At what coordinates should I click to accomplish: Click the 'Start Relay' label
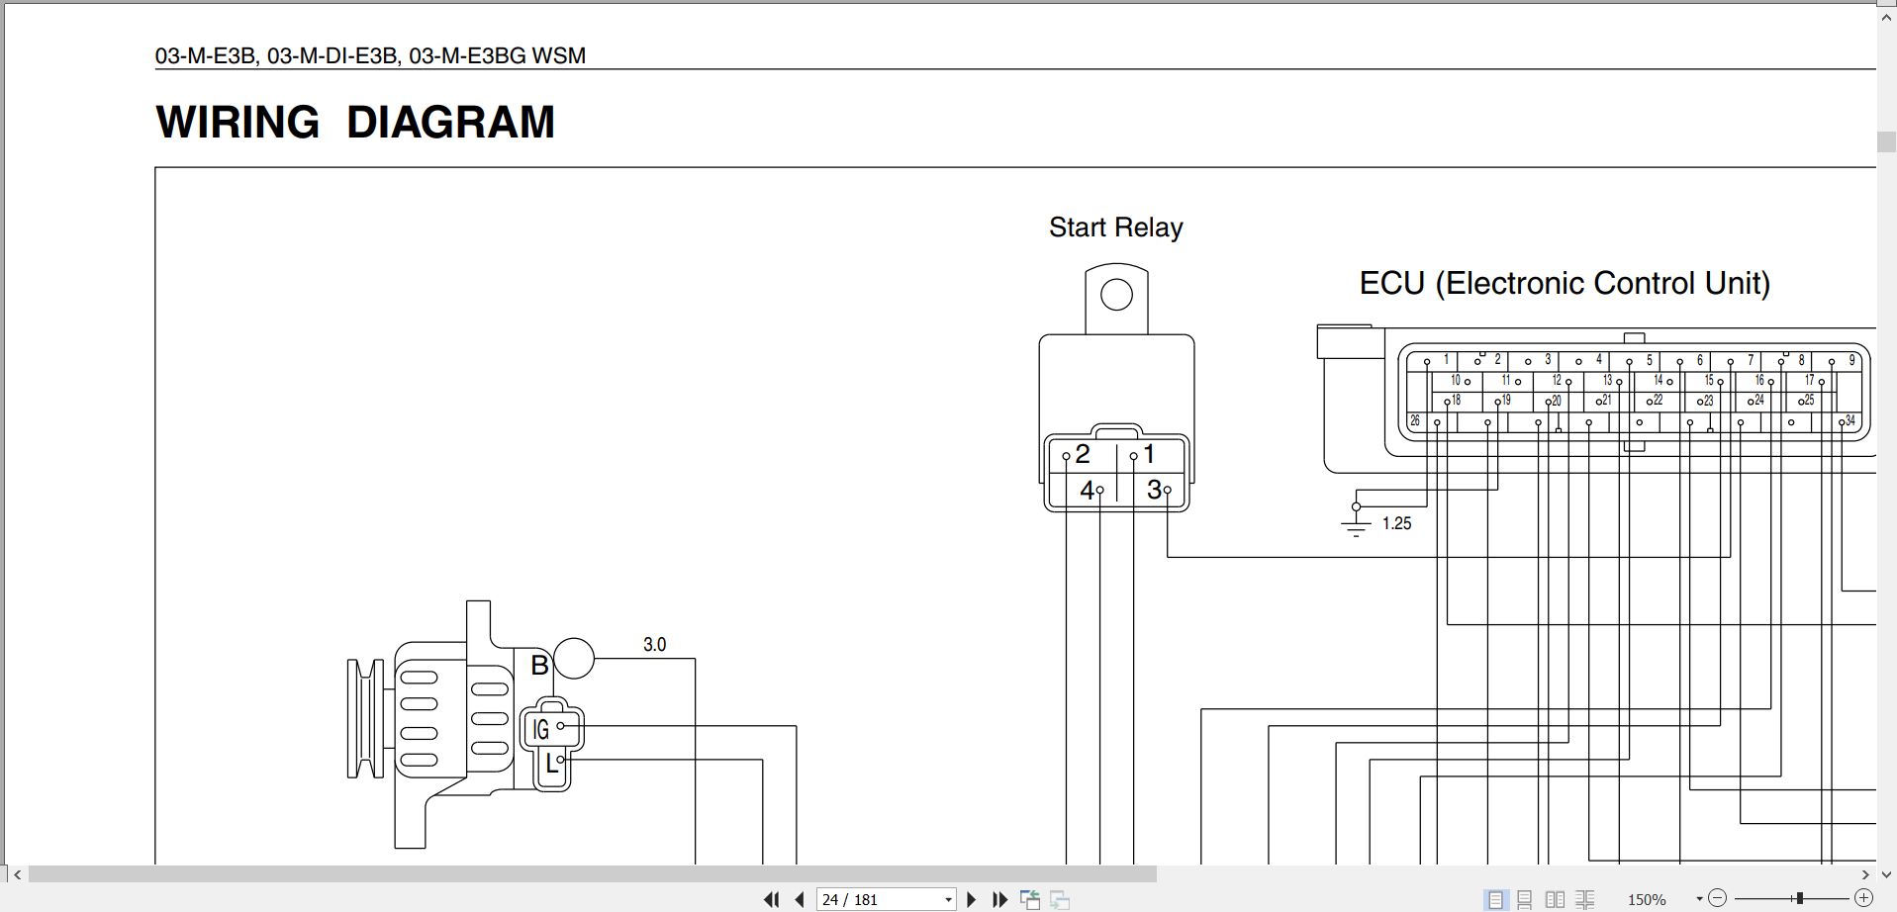click(x=1115, y=228)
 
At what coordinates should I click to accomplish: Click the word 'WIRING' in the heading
click(x=237, y=123)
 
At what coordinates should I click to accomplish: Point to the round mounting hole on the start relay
click(x=1116, y=295)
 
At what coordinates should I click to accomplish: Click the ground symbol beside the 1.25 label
click(x=1356, y=524)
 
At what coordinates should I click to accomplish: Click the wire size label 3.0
click(x=654, y=645)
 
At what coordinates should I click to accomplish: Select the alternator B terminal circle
click(x=574, y=659)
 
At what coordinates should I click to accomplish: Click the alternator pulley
click(x=365, y=718)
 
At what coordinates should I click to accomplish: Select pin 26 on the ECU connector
click(x=1415, y=421)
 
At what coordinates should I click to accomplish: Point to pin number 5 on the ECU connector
click(x=1649, y=360)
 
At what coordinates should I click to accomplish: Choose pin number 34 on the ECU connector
click(x=1850, y=421)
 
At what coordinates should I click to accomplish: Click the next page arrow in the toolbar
click(x=971, y=899)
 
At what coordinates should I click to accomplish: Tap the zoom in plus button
click(x=1863, y=898)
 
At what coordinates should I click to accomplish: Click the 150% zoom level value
click(x=1647, y=899)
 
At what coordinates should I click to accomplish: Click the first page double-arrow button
click(x=771, y=899)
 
